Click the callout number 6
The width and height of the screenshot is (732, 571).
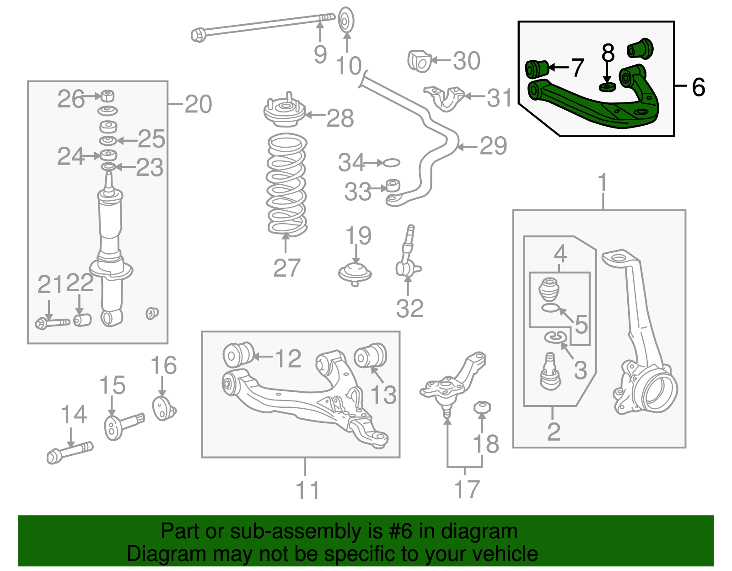coord(698,87)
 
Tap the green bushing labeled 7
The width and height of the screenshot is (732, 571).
coord(536,69)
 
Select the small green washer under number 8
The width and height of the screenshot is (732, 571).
coord(607,86)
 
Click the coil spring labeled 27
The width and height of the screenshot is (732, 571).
coord(286,185)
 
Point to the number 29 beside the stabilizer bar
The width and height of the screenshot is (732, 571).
coord(493,146)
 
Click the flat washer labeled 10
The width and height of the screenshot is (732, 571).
coord(346,21)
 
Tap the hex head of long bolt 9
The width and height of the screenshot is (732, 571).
coord(199,35)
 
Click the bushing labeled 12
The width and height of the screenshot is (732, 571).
coord(237,354)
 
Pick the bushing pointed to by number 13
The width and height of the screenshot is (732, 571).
coord(371,355)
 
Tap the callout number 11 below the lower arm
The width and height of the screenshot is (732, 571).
coord(307,490)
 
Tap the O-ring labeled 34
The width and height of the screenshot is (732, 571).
coord(390,162)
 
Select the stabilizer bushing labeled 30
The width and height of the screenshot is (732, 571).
coord(419,61)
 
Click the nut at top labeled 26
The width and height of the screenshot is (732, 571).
coord(108,96)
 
